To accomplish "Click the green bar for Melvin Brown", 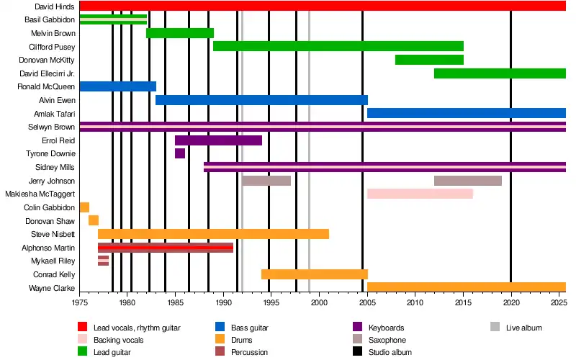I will click(180, 33).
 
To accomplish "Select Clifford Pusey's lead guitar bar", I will click(338, 46).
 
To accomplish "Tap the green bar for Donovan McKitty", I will click(429, 60).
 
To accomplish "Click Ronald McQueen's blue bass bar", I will click(117, 86).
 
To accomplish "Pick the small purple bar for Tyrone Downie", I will click(180, 153).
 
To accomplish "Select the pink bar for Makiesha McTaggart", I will click(420, 194).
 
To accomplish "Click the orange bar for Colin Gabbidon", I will click(84, 207).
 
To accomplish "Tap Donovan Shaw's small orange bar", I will click(94, 220).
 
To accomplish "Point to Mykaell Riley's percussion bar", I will click(104, 261).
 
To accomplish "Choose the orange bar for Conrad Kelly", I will click(315, 274).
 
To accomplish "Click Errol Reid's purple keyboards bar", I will click(218, 140).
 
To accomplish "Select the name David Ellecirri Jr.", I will click(51, 73).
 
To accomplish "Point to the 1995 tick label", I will click(271, 304).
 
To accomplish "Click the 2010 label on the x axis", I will click(415, 304).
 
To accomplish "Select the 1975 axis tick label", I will click(80, 304).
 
